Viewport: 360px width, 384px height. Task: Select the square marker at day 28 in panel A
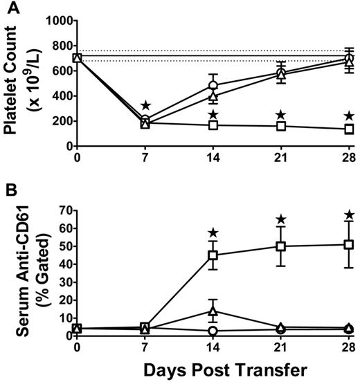pyautogui.click(x=350, y=129)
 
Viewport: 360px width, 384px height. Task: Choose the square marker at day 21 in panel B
pyautogui.click(x=282, y=246)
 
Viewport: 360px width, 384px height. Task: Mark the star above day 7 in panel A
pyautogui.click(x=145, y=106)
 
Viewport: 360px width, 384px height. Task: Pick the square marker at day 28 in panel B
pyautogui.click(x=350, y=244)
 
